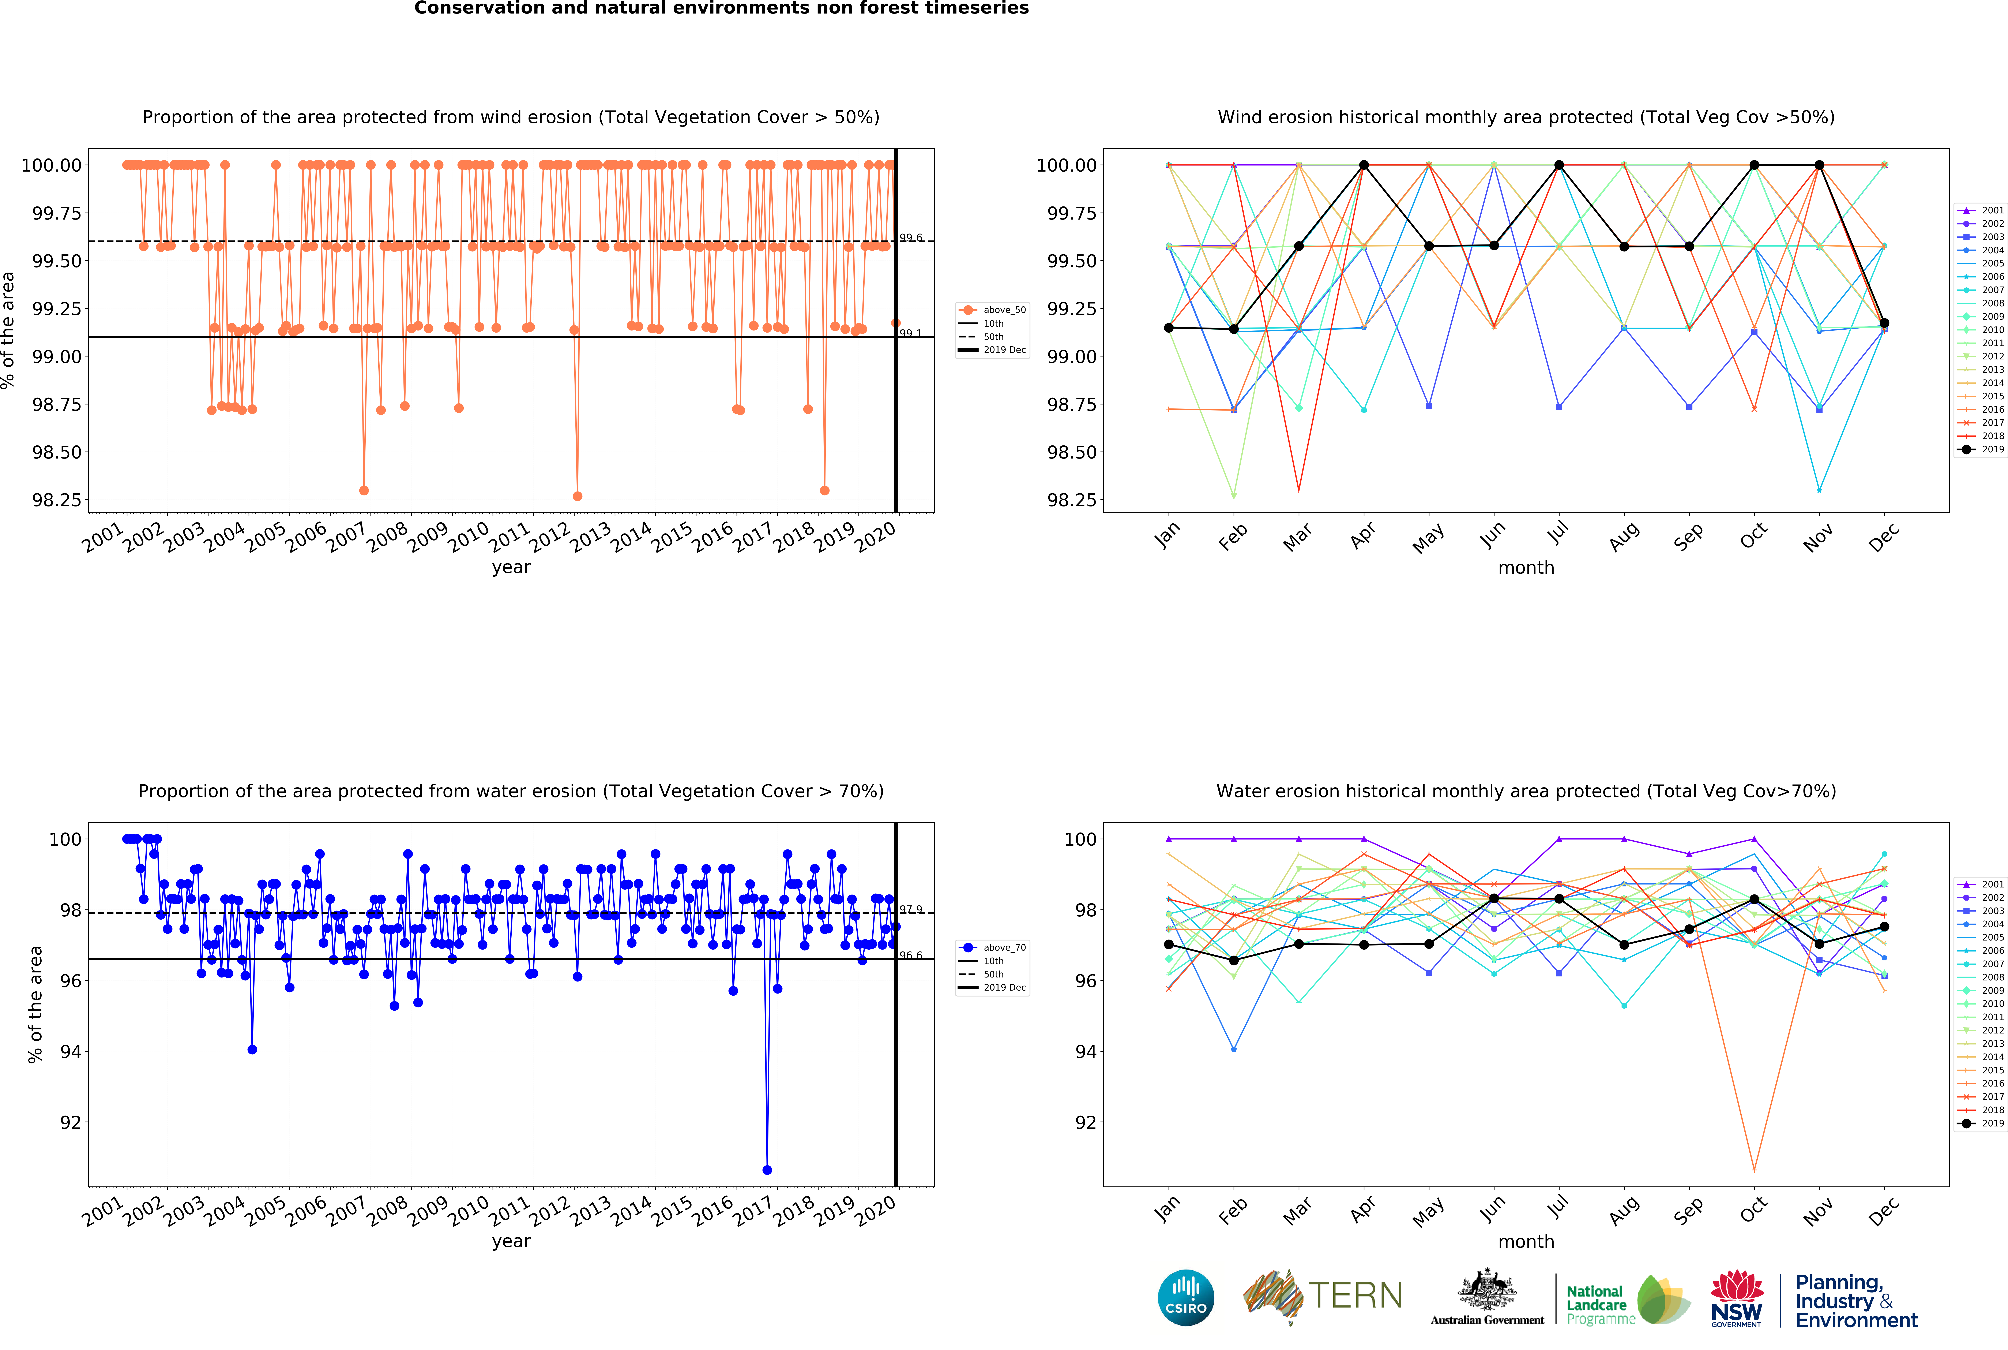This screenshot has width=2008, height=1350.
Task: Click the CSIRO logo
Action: tap(1186, 1297)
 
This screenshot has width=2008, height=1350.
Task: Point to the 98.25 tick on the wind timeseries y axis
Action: tap(57, 500)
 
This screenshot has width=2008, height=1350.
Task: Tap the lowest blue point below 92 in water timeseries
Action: tap(767, 1170)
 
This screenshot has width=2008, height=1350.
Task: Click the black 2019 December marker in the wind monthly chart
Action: tap(1884, 323)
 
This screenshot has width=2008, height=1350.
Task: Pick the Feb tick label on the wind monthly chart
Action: tap(1233, 536)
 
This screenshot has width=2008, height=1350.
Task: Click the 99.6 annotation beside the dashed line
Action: tap(911, 238)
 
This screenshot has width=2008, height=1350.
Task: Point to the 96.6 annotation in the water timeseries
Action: tap(911, 956)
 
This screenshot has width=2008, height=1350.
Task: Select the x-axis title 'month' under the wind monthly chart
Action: tap(1526, 567)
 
